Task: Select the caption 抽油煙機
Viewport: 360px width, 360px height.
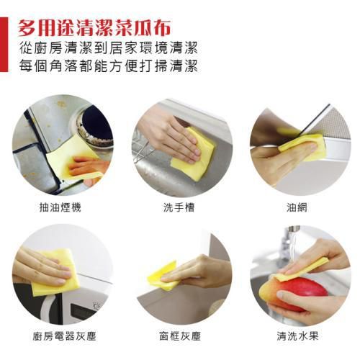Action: pyautogui.click(x=61, y=207)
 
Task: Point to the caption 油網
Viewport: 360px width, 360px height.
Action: pyautogui.click(x=297, y=207)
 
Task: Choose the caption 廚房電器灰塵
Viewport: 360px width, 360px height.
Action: pyautogui.click(x=61, y=336)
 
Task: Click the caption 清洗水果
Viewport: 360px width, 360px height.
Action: pyautogui.click(x=297, y=336)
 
